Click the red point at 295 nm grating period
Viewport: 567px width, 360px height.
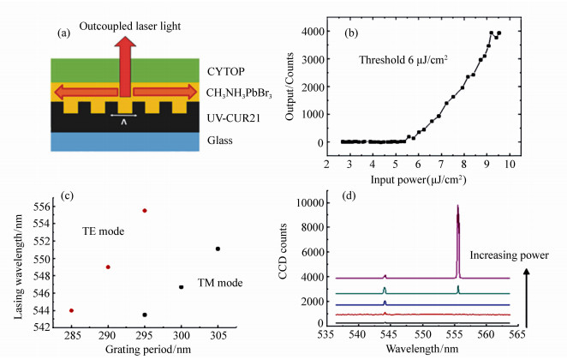point(145,210)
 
